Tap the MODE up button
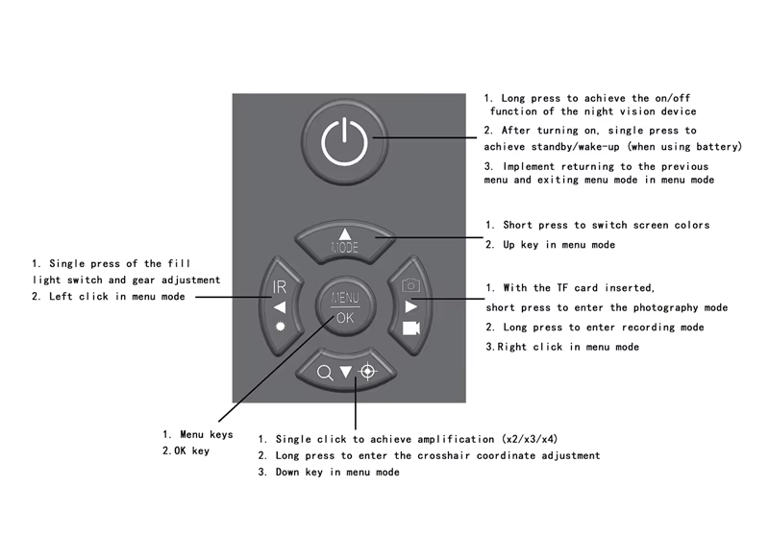pyautogui.click(x=344, y=240)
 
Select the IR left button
pyautogui.click(x=280, y=306)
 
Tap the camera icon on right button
pyautogui.click(x=410, y=286)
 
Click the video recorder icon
pyautogui.click(x=411, y=328)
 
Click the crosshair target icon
pyautogui.click(x=366, y=372)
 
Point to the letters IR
pyautogui.click(x=279, y=286)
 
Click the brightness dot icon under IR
pyautogui.click(x=280, y=328)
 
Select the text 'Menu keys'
pyautogui.click(x=206, y=434)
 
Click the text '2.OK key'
pyautogui.click(x=185, y=450)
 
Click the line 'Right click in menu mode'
pyautogui.click(x=567, y=347)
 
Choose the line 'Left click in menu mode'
pyautogui.click(x=115, y=297)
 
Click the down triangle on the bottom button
pyautogui.click(x=345, y=372)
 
